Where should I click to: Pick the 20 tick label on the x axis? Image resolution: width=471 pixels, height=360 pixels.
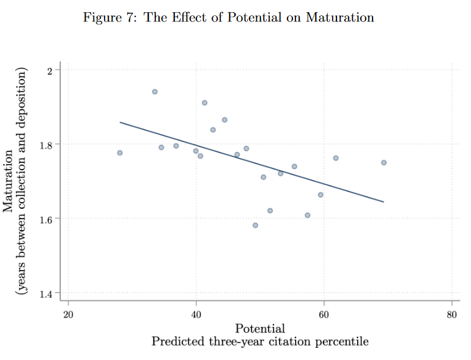(68, 315)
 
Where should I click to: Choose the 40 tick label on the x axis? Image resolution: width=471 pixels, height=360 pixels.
(196, 315)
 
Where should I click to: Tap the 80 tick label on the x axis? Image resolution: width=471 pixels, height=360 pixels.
(451, 315)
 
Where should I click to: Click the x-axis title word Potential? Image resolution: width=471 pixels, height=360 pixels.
(260, 329)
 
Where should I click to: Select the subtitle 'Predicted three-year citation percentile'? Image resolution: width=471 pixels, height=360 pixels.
(260, 342)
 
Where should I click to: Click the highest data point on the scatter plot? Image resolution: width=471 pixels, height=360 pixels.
(155, 92)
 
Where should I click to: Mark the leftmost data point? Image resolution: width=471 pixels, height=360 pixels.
(120, 153)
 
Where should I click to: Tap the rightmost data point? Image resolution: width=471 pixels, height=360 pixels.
(384, 163)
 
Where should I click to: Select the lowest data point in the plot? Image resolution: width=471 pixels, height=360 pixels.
(255, 225)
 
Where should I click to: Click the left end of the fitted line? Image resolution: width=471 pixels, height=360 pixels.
(120, 122)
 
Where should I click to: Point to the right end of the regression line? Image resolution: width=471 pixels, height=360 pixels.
(384, 201)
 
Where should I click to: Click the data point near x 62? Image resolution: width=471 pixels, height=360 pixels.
(335, 158)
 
